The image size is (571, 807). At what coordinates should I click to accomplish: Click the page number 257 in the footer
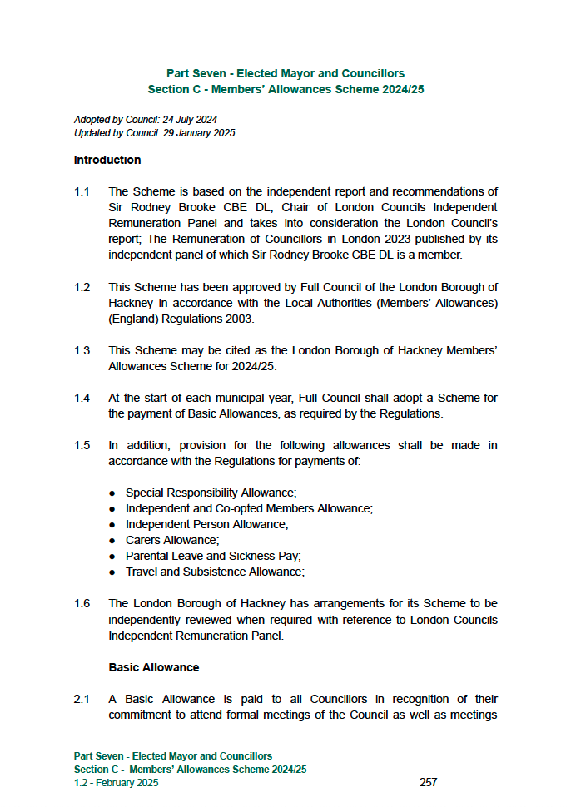[x=428, y=782]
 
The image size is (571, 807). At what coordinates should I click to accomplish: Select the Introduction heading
[x=107, y=160]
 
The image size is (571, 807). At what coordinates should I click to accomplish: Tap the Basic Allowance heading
[x=154, y=667]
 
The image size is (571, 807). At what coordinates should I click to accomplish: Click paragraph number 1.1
[x=82, y=192]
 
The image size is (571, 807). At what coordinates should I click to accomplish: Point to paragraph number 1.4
[x=82, y=398]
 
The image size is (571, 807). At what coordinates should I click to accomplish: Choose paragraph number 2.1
[x=82, y=699]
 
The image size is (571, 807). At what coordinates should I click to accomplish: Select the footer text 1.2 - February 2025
[x=116, y=782]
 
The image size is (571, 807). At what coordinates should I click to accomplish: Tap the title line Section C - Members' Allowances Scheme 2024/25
[x=285, y=89]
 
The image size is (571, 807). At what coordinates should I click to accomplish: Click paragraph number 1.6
[x=82, y=603]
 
